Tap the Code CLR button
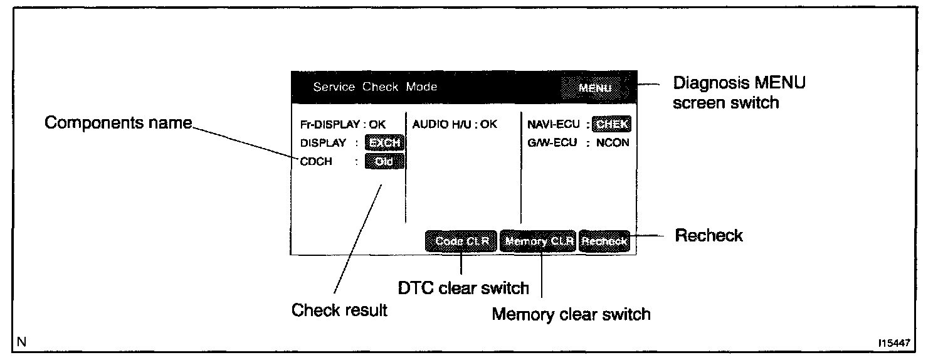[461, 241]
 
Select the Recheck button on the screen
[604, 241]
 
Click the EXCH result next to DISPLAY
[385, 143]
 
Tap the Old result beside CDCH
[385, 162]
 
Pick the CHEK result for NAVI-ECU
[612, 124]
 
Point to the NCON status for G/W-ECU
[613, 143]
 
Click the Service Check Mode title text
[375, 87]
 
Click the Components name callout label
[118, 123]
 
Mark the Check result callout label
[339, 310]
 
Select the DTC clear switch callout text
[464, 288]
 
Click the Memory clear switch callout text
[571, 314]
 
